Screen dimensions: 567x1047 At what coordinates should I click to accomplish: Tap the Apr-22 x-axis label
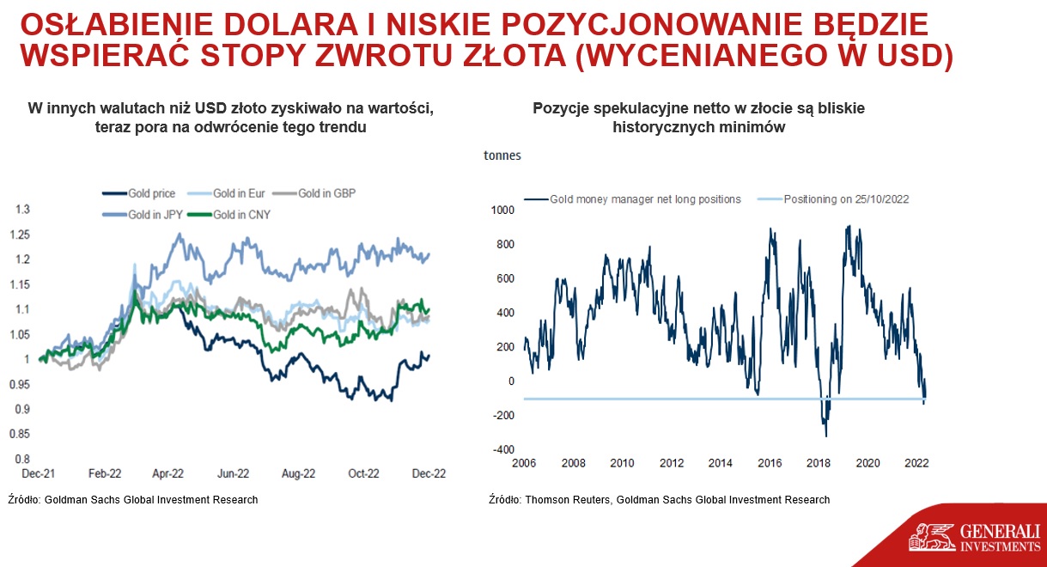point(167,472)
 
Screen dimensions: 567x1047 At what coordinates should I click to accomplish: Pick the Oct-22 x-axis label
point(363,472)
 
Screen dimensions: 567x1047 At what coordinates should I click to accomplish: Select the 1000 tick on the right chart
point(502,210)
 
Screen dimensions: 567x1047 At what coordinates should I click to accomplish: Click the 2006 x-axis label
point(524,464)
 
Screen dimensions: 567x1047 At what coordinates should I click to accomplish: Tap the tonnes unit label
point(502,155)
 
